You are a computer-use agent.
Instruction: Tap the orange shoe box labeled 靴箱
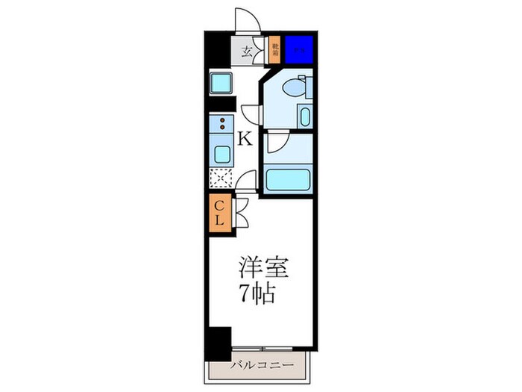pyautogui.click(x=275, y=50)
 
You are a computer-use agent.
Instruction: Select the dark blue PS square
pyautogui.click(x=298, y=49)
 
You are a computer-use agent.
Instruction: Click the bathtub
pyautogui.click(x=288, y=180)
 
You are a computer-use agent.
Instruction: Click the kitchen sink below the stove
pyautogui.click(x=221, y=155)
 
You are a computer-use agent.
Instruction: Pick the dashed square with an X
pyautogui.click(x=221, y=178)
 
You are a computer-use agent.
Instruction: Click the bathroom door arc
pyautogui.click(x=277, y=140)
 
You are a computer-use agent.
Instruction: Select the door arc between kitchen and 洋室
pyautogui.click(x=248, y=181)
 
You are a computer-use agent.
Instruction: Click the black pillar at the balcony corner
pyautogui.click(x=217, y=343)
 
